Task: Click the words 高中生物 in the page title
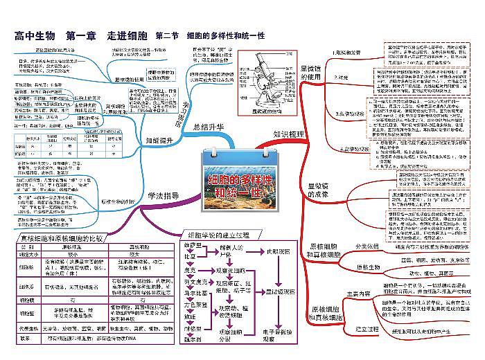pyautogui.click(x=35, y=36)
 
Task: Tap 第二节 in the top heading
pyautogui.click(x=168, y=36)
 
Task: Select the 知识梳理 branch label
pyautogui.click(x=288, y=133)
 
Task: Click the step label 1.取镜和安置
pyautogui.click(x=349, y=53)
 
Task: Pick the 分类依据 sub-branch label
pyautogui.click(x=368, y=246)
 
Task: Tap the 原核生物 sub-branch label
pyautogui.click(x=365, y=266)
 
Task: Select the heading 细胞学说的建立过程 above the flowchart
pyautogui.click(x=222, y=235)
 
